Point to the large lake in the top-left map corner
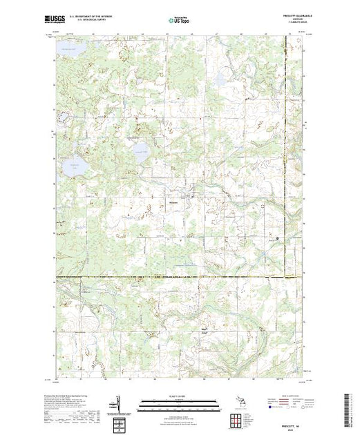[67, 49]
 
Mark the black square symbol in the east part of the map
[278, 238]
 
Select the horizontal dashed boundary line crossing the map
[180, 278]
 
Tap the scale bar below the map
[179, 403]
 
